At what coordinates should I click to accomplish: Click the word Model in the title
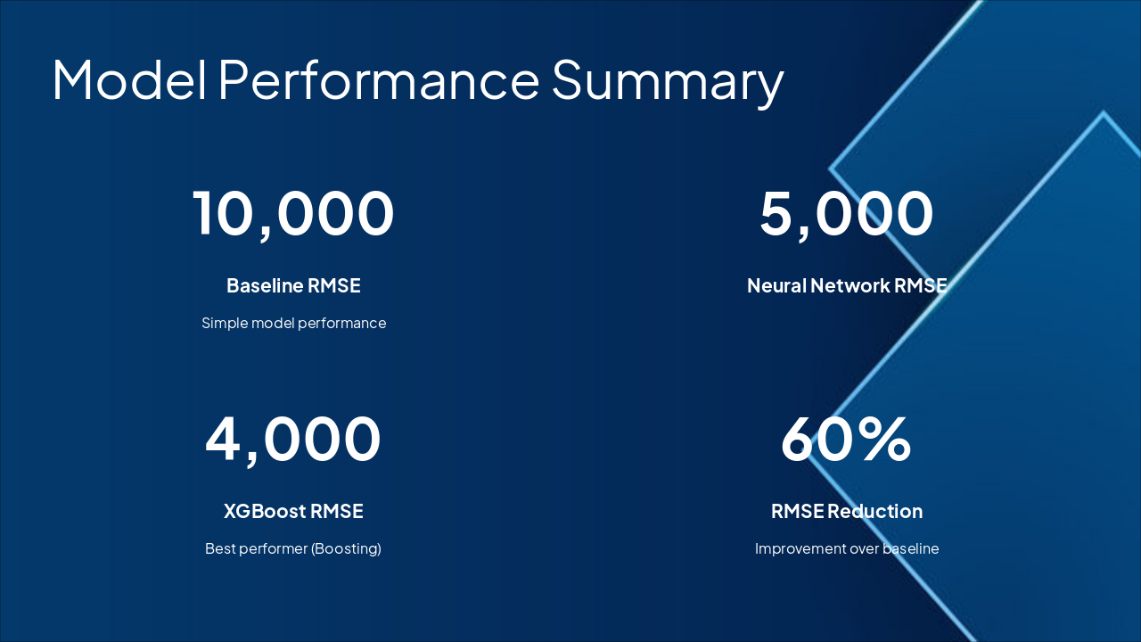point(128,78)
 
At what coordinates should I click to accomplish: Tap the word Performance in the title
point(379,78)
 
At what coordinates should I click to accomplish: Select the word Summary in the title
point(667,80)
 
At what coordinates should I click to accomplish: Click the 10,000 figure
point(293,214)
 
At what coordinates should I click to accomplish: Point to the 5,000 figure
point(846,214)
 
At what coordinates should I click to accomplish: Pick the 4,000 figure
point(293,439)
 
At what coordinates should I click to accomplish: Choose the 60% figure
point(846,439)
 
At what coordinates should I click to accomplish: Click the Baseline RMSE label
point(293,285)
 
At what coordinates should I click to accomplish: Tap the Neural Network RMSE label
point(846,285)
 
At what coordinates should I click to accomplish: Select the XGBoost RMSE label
point(293,511)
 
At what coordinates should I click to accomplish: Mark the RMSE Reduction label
point(846,511)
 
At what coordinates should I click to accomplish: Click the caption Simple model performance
point(293,323)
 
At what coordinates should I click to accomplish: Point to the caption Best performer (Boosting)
point(293,548)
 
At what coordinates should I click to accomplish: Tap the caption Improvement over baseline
point(846,548)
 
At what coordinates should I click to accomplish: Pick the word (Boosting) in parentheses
point(346,548)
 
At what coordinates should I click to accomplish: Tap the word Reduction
point(874,511)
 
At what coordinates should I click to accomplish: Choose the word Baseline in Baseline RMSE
point(265,285)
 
